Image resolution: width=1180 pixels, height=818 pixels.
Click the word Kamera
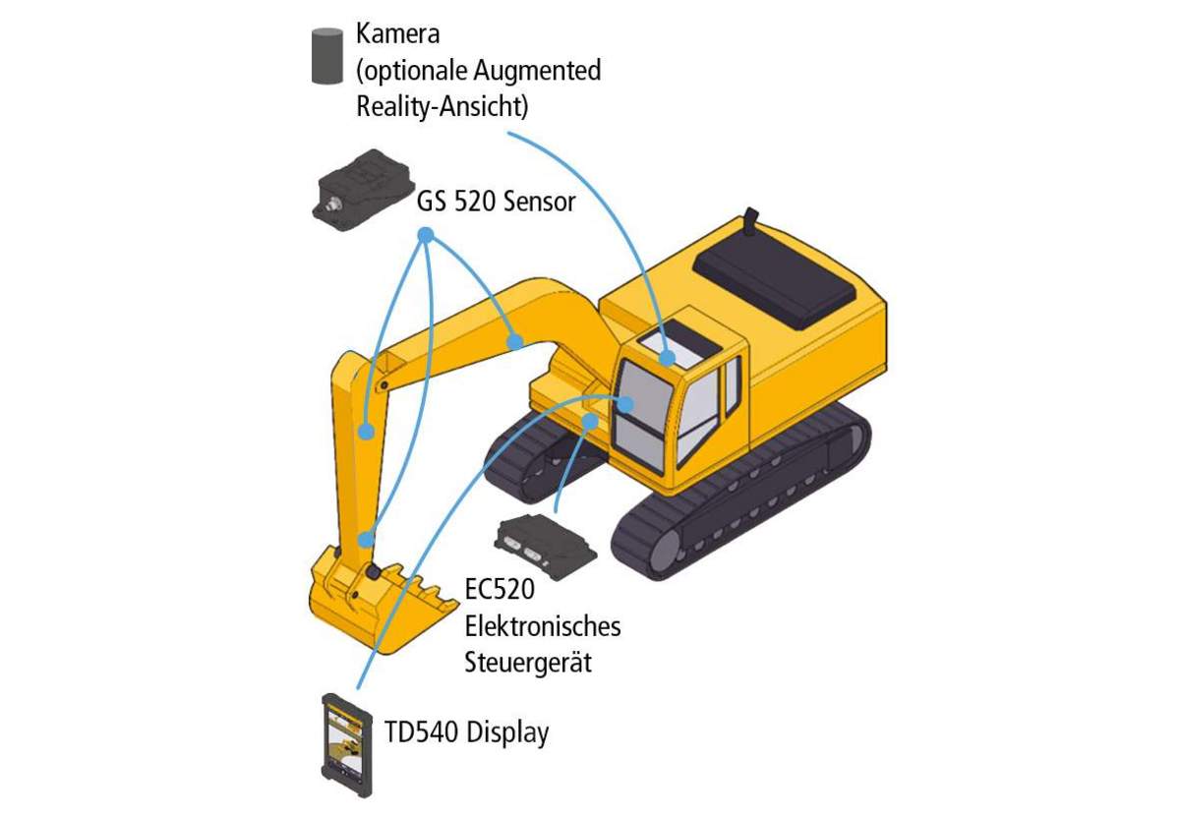click(x=397, y=33)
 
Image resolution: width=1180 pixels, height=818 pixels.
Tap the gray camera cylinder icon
click(x=327, y=56)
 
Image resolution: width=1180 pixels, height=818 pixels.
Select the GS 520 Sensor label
click(x=496, y=202)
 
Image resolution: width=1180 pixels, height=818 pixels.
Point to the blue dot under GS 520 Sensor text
click(x=426, y=235)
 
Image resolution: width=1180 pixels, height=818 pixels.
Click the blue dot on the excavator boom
click(x=515, y=342)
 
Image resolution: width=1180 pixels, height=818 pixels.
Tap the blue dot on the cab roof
click(x=667, y=358)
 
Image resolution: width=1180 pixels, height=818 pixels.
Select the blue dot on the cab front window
click(x=625, y=404)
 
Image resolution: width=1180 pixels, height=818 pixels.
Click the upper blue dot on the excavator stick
click(x=367, y=432)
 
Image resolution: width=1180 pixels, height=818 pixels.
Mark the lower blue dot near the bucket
click(x=366, y=540)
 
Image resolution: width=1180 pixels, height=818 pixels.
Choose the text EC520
click(x=500, y=589)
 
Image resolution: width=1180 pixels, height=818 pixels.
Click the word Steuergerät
click(x=528, y=662)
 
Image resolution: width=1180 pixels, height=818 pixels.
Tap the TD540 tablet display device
click(x=346, y=745)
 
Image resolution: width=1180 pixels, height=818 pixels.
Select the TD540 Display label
click(x=467, y=732)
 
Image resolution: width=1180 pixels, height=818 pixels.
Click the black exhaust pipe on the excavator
click(x=751, y=219)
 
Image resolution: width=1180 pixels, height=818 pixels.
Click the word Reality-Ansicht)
click(x=442, y=106)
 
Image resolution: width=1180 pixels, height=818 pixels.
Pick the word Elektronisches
click(x=543, y=626)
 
